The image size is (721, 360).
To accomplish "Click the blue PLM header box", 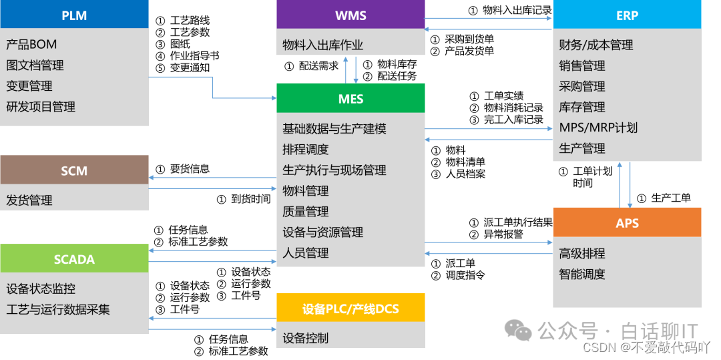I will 74,15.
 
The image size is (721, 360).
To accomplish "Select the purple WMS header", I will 350,15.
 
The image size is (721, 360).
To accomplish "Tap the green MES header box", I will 350,98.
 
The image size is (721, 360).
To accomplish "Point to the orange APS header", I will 627,222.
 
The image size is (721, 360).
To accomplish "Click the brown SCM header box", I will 74,170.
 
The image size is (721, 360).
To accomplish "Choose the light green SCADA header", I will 74,259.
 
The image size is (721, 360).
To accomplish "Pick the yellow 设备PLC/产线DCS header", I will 350,308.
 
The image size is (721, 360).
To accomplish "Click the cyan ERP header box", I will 627,15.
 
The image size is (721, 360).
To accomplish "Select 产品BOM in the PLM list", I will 31,45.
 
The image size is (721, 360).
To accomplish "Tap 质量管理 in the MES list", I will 305,212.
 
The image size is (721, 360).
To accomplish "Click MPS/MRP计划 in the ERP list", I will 598,128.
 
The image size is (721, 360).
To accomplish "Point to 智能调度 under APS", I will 582,274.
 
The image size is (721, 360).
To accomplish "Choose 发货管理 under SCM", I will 29,200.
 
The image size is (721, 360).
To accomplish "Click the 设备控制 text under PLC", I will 305,338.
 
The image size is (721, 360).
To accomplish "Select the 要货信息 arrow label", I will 190,169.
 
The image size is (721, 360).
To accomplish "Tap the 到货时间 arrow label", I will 251,199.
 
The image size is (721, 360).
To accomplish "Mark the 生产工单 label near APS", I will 670,198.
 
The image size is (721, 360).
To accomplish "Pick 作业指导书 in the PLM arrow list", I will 194,56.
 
